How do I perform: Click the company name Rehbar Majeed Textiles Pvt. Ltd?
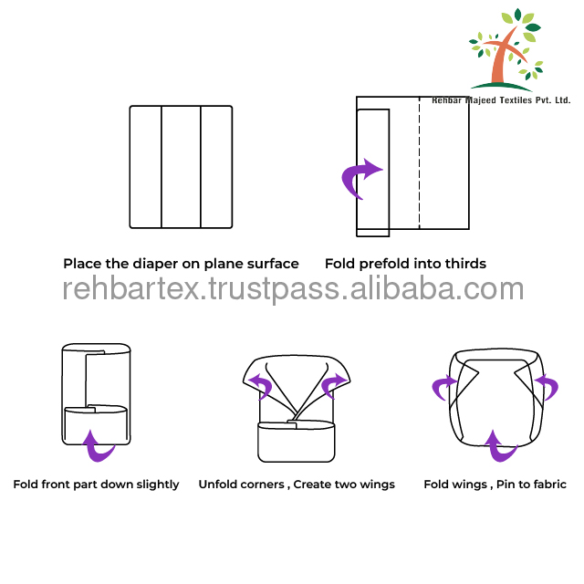pos(501,99)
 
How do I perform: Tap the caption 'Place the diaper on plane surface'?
pos(181,264)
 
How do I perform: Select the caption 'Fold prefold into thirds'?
pos(405,264)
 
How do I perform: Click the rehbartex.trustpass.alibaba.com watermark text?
pos(293,289)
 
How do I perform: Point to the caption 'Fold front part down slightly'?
pos(96,485)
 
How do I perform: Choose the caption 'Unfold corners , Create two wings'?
pos(297,485)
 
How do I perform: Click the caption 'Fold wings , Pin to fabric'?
pos(495,485)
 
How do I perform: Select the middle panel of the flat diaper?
pos(181,167)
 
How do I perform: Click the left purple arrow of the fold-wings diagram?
pos(445,387)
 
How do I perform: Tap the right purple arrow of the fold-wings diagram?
pos(546,387)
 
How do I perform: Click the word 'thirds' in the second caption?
pos(464,264)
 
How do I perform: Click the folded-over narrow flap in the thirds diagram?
pos(373,171)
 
